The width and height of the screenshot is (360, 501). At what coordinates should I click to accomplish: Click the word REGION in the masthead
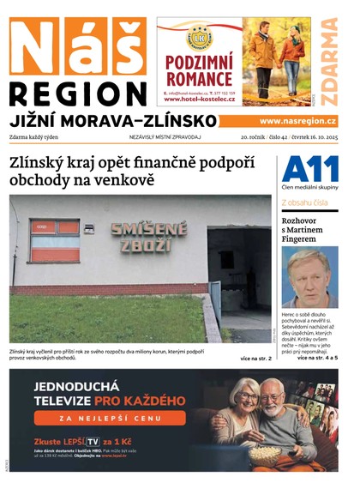click(79, 93)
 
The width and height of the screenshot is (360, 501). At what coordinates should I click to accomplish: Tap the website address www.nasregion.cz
click(297, 121)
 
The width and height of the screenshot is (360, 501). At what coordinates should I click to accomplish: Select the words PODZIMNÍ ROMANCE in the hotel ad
click(199, 70)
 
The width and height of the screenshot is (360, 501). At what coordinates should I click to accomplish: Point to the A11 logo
click(309, 170)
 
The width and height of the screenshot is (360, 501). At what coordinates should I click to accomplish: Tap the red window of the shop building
click(55, 239)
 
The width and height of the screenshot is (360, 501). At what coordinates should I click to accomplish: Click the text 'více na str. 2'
click(255, 358)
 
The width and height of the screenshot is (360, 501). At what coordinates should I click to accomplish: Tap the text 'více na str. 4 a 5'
click(316, 357)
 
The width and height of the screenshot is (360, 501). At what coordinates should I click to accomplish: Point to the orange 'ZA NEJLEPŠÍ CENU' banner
click(121, 418)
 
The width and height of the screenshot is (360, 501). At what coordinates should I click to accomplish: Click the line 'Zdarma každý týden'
click(39, 136)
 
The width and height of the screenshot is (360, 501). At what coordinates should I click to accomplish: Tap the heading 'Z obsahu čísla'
click(304, 203)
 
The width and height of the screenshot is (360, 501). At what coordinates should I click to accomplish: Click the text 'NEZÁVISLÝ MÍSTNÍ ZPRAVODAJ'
click(165, 136)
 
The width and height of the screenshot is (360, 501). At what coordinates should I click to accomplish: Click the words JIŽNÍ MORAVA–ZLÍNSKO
click(113, 120)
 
